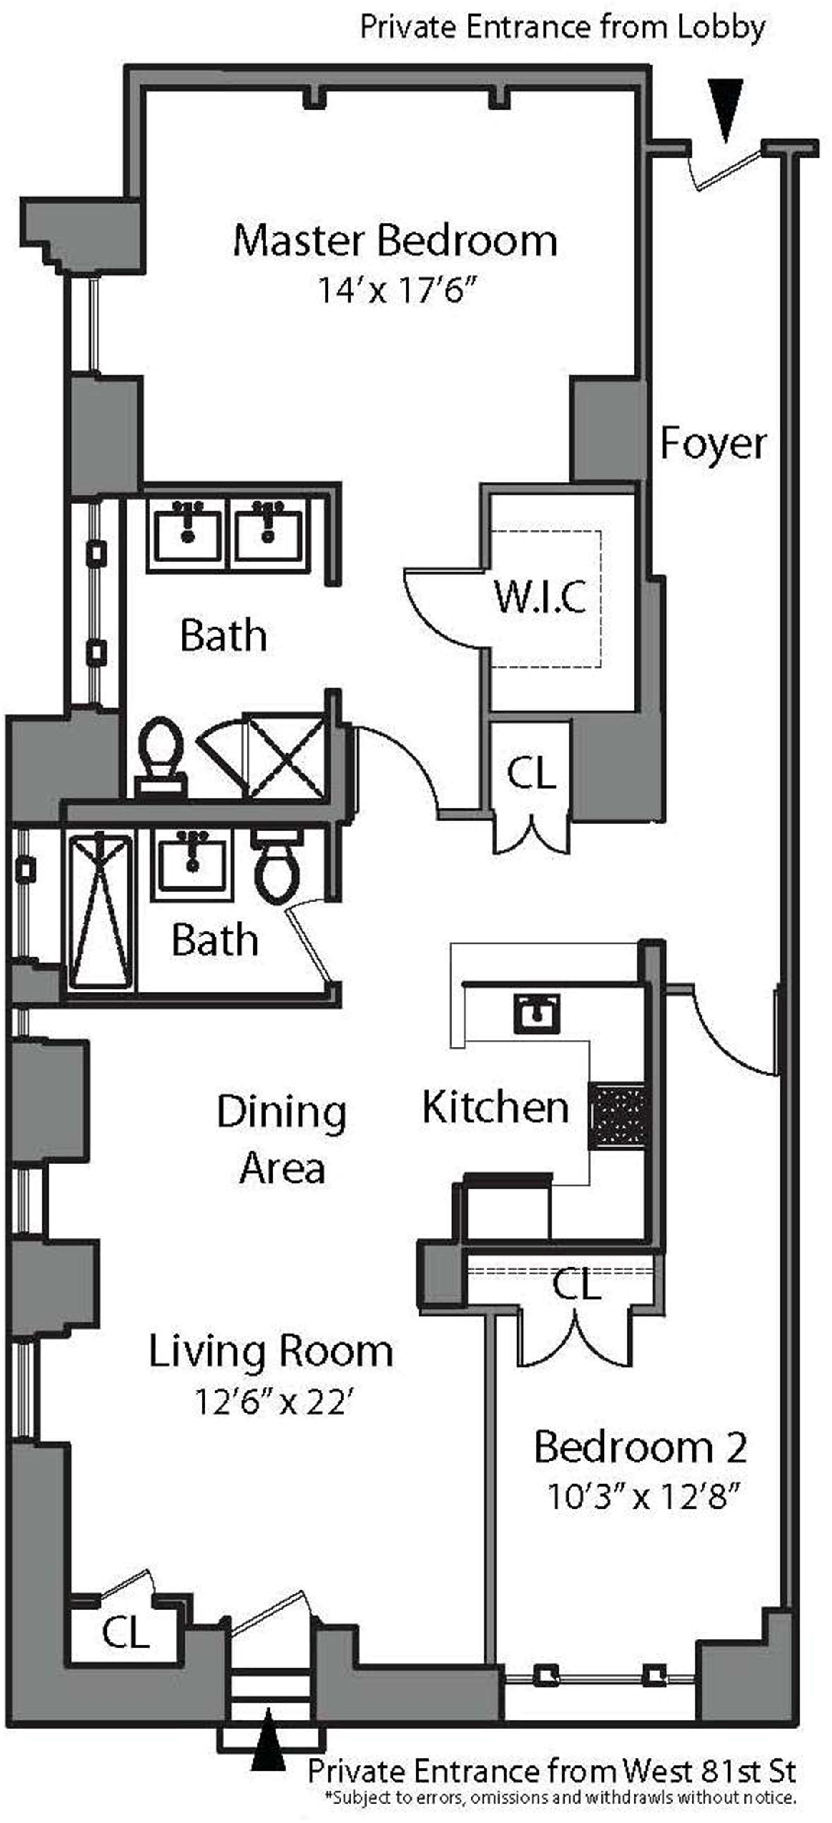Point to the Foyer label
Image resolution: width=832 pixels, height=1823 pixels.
pos(713,444)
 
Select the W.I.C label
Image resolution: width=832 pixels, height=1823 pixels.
pos(540,597)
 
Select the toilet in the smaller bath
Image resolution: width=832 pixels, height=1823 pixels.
pos(278,869)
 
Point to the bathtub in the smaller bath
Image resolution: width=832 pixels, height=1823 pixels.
pos(101,911)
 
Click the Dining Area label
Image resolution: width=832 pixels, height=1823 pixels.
pos(282,1139)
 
